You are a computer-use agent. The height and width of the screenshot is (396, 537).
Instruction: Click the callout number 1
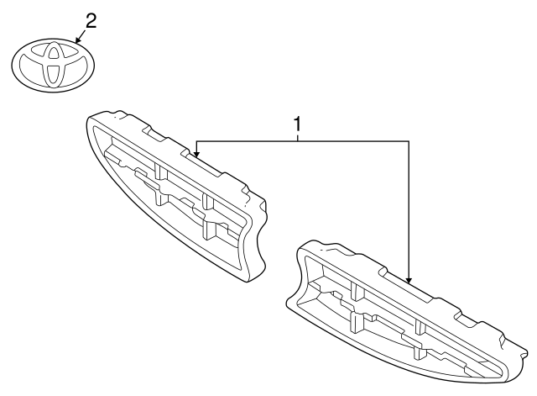click(x=297, y=124)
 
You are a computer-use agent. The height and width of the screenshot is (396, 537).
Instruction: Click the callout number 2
click(x=91, y=20)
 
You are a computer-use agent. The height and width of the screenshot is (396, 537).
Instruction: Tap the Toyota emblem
click(x=53, y=65)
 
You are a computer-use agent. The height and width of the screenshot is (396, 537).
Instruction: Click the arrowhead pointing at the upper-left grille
click(x=196, y=154)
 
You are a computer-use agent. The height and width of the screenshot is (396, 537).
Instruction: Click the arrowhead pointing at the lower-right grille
click(x=409, y=279)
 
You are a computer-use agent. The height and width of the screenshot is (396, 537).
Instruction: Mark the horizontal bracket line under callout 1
click(x=352, y=141)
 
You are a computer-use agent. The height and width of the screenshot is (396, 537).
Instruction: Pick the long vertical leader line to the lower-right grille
click(x=409, y=210)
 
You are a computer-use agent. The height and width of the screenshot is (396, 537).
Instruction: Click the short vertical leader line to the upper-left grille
click(x=196, y=147)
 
